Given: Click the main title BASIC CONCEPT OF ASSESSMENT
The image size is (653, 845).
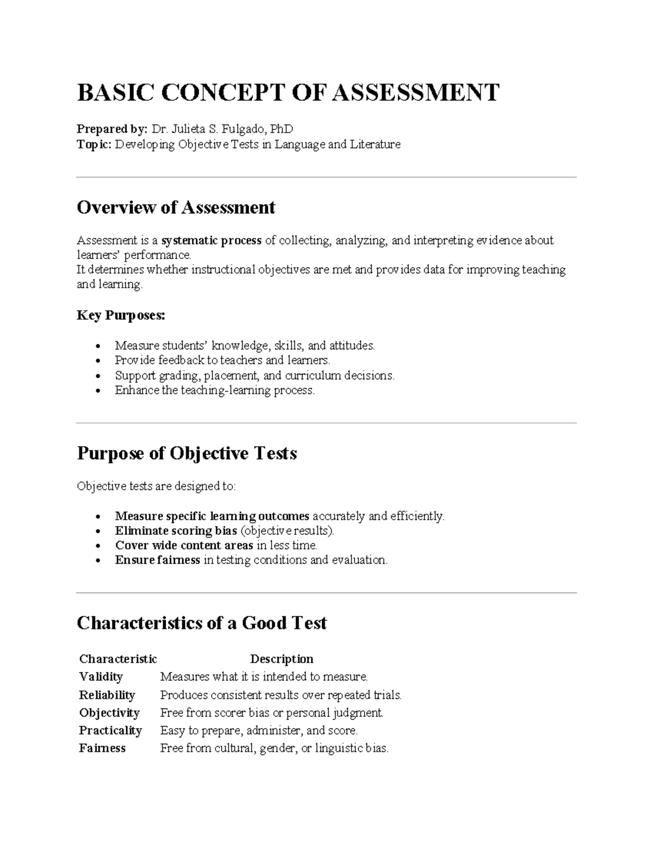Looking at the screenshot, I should (x=288, y=92).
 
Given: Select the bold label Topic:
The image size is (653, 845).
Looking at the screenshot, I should (x=94, y=144).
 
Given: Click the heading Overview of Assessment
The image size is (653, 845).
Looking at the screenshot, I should (x=176, y=207).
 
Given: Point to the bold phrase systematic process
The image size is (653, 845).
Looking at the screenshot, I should (x=212, y=240).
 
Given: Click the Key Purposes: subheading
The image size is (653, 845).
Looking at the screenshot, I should (x=121, y=315).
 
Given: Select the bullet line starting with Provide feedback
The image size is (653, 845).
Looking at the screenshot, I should (x=222, y=360).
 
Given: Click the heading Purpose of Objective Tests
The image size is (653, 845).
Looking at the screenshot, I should (x=187, y=453).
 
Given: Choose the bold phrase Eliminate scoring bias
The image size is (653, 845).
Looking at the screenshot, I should (x=176, y=531).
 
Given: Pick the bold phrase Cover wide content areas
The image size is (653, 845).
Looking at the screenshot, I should (x=184, y=545).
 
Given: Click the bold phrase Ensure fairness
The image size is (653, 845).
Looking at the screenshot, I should (x=157, y=560).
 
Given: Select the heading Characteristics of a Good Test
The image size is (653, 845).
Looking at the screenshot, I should (x=201, y=623).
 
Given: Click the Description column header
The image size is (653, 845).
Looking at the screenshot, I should (x=281, y=659).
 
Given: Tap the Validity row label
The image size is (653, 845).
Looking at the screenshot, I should (x=101, y=677).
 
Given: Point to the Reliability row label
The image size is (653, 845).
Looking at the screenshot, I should (x=107, y=695).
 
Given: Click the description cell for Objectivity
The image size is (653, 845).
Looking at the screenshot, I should (x=272, y=713).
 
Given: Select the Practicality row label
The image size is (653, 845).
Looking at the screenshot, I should (x=110, y=730).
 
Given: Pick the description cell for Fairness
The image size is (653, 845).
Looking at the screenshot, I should (x=274, y=748).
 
